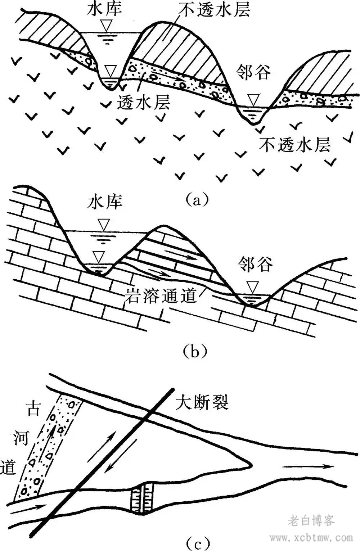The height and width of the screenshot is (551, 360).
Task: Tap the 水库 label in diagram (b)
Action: point(105,202)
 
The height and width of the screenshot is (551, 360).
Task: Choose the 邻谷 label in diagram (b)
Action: point(255,265)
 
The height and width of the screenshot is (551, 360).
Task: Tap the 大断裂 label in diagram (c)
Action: point(202,402)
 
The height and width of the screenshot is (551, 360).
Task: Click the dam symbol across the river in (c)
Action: point(143,498)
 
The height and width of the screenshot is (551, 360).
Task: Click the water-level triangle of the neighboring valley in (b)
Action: point(253,287)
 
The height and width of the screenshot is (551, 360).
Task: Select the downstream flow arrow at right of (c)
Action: point(308,467)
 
